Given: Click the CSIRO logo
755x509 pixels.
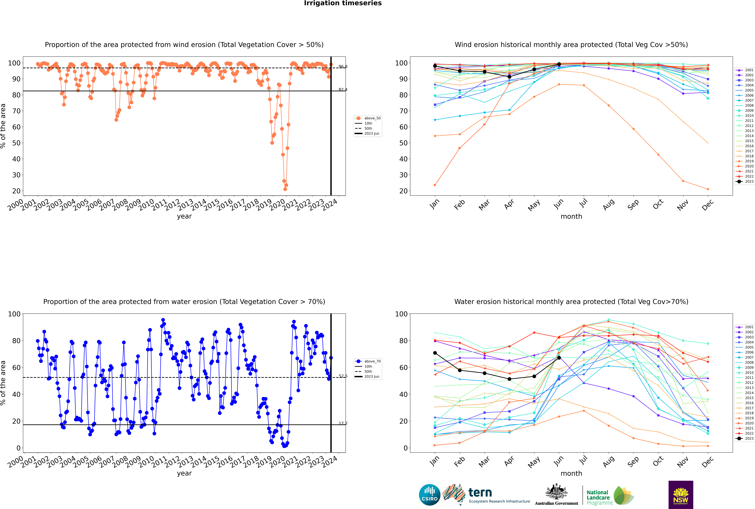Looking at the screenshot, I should (429, 495).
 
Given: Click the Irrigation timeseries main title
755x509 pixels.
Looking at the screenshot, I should (343, 3).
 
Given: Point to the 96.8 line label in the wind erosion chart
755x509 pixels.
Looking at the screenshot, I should (343, 67).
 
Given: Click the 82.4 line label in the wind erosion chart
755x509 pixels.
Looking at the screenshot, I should (343, 90).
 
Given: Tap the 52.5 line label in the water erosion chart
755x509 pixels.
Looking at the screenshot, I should (343, 376).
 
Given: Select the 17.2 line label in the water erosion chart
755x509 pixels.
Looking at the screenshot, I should (343, 423).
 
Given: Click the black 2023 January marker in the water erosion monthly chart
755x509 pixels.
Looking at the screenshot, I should (435, 353).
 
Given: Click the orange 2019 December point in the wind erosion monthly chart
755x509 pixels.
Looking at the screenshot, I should (708, 189).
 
